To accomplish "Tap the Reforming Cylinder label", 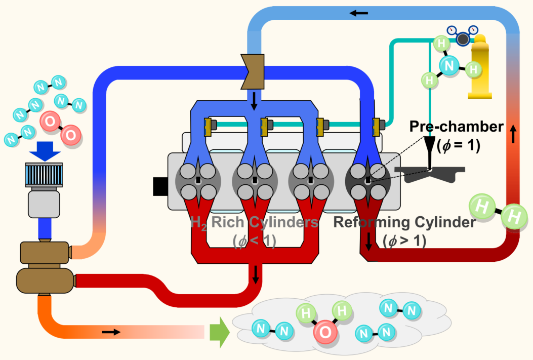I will (x=403, y=222).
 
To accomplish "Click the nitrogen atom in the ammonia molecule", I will (x=448, y=65).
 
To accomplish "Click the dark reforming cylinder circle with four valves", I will (x=367, y=182).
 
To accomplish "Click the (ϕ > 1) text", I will (x=405, y=240).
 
